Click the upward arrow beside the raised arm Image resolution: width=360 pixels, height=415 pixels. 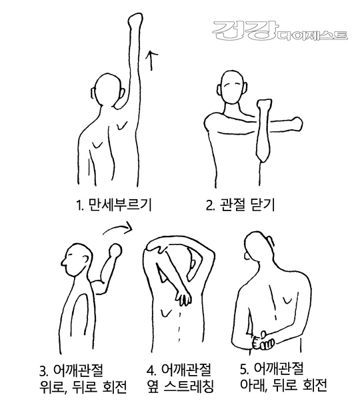(151, 60)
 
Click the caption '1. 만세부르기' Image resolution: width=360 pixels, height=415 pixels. (114, 205)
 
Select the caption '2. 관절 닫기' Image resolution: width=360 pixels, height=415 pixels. (240, 205)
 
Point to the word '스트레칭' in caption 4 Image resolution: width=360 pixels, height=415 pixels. (189, 386)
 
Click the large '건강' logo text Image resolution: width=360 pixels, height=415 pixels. (244, 31)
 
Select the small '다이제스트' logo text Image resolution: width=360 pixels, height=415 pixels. (311, 35)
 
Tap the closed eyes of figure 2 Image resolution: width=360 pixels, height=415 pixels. (232, 85)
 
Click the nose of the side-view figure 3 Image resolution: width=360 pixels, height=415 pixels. (64, 262)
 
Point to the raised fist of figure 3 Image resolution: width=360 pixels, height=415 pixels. (116, 250)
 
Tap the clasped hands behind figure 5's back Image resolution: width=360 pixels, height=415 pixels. (263, 341)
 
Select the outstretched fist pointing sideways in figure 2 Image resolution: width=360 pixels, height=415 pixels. (296, 124)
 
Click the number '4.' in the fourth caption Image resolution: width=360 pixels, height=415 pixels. (151, 370)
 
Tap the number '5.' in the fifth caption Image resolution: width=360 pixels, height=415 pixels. (244, 369)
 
